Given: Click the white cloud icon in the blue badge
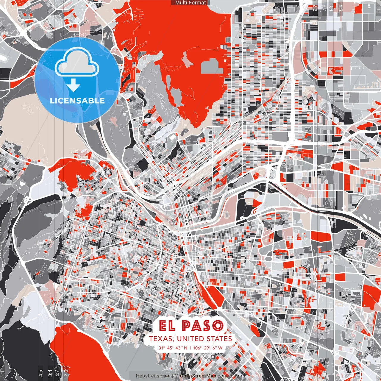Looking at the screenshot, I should [x=77, y=62].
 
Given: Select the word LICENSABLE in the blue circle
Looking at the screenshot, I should [x=77, y=101].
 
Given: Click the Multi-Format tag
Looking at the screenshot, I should [x=190, y=3].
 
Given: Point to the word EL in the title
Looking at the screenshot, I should [x=168, y=326].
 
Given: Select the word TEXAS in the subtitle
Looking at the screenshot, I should [x=160, y=339].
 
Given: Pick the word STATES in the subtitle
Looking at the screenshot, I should [x=219, y=339].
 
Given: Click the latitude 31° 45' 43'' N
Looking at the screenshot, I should [x=173, y=348].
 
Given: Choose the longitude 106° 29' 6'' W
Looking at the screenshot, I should [x=208, y=348].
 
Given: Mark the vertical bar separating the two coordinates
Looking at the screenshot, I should [x=190, y=348].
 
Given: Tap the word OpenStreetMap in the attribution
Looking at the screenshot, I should [x=198, y=376].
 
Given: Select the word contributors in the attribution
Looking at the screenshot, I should [x=231, y=376].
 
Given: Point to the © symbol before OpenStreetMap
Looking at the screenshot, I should [x=177, y=376].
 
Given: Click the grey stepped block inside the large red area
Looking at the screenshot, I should [x=212, y=66].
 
